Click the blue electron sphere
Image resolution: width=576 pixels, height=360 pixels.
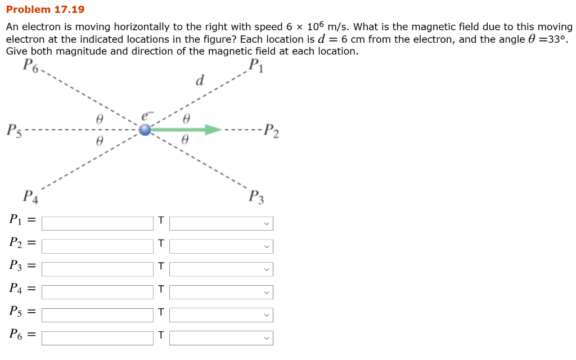(146, 130)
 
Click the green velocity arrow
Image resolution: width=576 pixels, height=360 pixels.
(186, 130)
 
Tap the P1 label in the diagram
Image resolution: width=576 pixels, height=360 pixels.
(256, 66)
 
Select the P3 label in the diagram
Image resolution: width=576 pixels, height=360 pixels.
(256, 197)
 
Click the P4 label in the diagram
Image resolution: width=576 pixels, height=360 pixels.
(30, 197)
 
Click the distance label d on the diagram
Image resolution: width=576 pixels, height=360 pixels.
(199, 80)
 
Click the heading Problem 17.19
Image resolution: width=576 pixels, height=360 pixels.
(45, 10)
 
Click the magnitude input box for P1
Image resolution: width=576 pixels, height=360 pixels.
(97, 223)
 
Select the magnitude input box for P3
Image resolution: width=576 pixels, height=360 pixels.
(97, 269)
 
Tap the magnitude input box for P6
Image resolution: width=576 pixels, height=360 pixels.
(97, 337)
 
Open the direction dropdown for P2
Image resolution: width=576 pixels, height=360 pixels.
(221, 246)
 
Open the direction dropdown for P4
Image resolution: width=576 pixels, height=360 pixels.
(221, 292)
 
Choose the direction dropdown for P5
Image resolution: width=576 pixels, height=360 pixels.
(221, 314)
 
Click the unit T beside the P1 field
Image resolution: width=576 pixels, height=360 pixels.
(161, 220)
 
